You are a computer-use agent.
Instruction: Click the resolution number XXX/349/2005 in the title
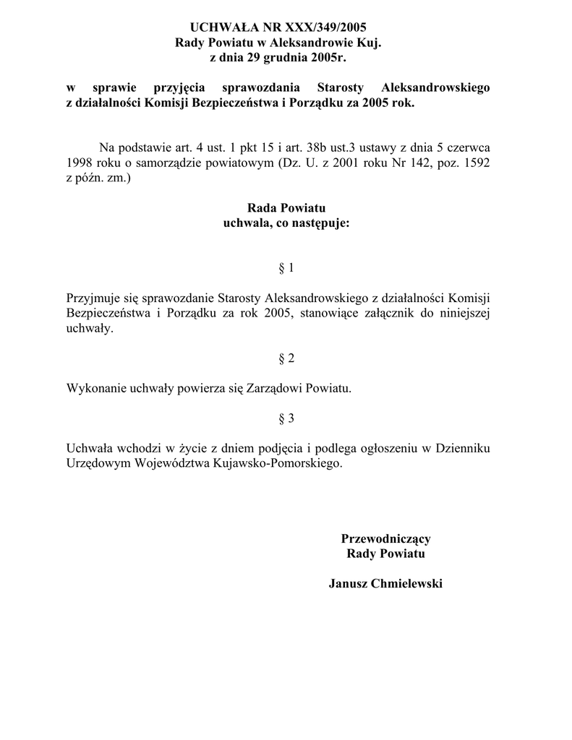[x=321, y=27]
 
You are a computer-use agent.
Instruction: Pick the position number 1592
[x=476, y=163]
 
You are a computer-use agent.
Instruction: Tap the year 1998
[x=80, y=163]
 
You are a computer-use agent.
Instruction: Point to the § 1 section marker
[x=286, y=268]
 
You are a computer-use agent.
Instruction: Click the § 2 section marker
[x=286, y=358]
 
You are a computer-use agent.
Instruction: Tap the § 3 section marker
[x=286, y=418]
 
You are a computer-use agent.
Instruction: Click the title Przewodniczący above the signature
[x=385, y=538]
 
